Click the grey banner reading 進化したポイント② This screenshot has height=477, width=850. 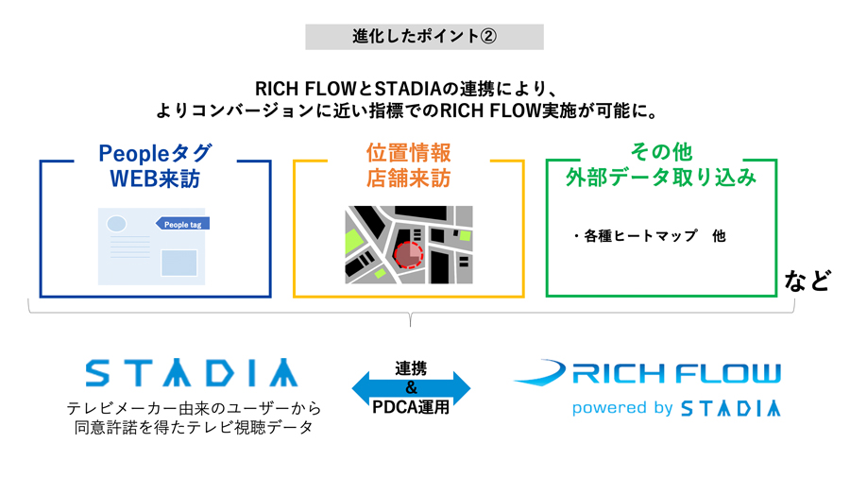(424, 36)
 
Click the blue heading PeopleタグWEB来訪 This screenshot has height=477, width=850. (155, 166)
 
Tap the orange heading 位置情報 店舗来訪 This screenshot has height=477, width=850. (409, 165)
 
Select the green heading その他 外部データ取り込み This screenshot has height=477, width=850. (661, 164)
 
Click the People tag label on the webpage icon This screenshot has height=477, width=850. (182, 224)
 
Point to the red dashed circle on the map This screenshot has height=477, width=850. (408, 255)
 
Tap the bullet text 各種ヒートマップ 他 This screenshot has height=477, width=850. (650, 236)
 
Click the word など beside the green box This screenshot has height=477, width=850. (807, 281)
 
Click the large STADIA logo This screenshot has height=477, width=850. (192, 372)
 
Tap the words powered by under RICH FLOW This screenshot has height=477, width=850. (622, 408)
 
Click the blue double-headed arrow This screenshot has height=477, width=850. (411, 388)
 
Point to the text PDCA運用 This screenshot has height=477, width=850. (411, 406)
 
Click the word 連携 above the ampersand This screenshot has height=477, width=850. (411, 368)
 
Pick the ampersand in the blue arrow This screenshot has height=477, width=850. (411, 387)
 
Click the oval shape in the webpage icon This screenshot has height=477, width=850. (116, 223)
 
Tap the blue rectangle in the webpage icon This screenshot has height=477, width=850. (178, 263)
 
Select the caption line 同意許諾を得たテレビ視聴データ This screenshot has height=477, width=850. (194, 428)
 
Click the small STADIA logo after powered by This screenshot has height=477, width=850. (731, 408)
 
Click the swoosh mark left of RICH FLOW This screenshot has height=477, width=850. (539, 372)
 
